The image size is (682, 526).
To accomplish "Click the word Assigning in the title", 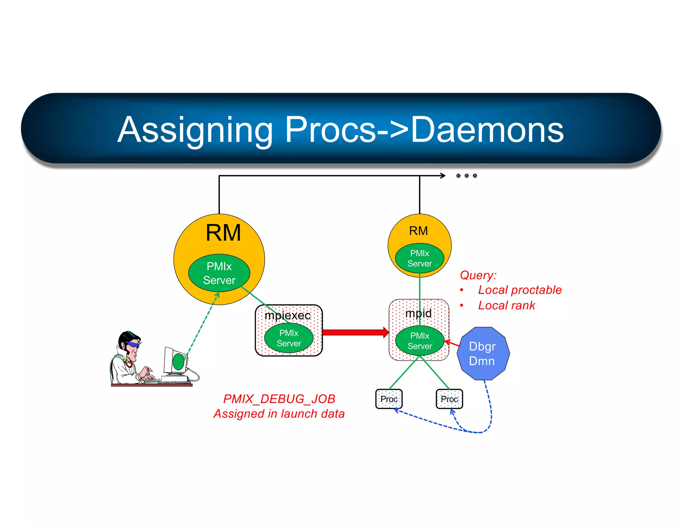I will point(195,130).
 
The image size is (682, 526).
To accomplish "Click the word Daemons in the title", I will point(487,130).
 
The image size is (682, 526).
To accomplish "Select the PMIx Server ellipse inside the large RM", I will point(219,273).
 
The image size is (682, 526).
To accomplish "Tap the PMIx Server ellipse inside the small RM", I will point(419,258).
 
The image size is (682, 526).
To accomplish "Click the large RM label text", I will point(223,233).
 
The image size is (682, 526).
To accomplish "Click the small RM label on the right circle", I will point(418,231).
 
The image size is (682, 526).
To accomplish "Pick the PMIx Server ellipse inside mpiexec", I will point(289,338).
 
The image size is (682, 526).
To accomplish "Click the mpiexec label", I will point(287,315).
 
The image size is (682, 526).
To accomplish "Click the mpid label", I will point(418,313).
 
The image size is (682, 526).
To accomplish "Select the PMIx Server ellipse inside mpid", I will point(420,341).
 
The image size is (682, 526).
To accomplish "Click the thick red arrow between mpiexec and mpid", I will point(355,332).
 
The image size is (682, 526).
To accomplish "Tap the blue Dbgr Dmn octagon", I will point(483,353).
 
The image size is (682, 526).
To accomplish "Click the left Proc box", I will point(389,399).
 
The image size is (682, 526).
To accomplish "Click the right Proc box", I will point(449,399).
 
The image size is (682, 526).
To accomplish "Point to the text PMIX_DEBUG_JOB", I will point(279,399).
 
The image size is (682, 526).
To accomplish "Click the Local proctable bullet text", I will point(519,290).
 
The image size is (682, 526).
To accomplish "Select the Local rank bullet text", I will point(506,305).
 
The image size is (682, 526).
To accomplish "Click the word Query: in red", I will point(478,275).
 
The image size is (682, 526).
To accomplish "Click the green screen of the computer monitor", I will point(178,362).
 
